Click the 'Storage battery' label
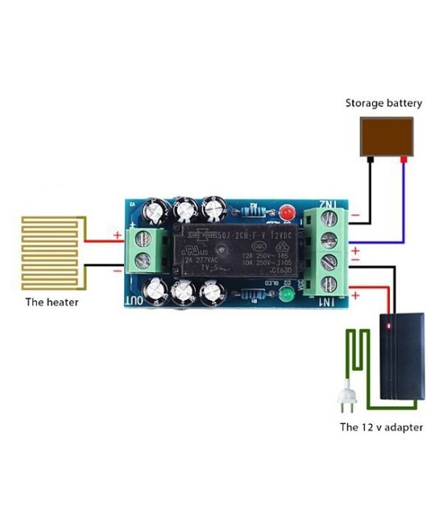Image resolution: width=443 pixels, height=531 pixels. [383, 103]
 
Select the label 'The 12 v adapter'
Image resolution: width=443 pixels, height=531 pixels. [381, 427]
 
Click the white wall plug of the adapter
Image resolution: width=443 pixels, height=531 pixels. [346, 400]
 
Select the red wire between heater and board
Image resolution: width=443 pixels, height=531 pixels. [101, 239]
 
